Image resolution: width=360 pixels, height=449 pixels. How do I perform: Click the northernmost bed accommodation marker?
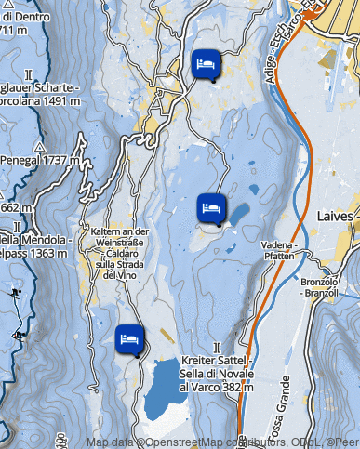point(206,65)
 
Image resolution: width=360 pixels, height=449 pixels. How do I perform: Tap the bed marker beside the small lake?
point(211,207)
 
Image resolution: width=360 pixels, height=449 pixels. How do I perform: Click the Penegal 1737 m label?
point(35,161)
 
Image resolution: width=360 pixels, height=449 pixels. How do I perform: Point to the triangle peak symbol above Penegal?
point(39,147)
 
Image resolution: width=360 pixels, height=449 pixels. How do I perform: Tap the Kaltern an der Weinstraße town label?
point(121,253)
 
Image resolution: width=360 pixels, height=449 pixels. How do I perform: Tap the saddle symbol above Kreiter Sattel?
point(216,346)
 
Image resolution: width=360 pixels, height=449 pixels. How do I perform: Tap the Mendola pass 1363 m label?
point(33,245)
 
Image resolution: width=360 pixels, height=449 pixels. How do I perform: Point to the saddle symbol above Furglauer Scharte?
point(29,73)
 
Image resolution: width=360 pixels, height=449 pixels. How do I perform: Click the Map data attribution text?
point(223,442)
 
